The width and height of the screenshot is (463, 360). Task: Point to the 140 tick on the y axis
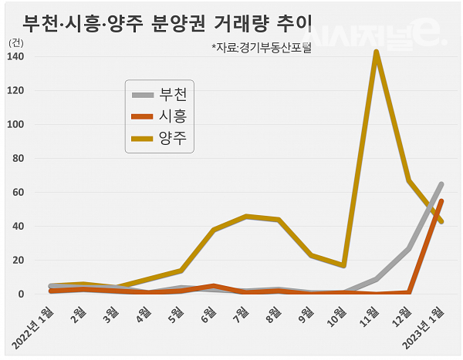point(15,57)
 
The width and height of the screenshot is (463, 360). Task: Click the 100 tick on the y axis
point(15,125)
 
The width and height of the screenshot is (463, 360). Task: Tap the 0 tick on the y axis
point(20,294)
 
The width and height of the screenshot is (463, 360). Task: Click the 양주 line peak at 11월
point(376,52)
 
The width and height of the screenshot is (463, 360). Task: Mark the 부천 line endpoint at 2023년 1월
point(441,184)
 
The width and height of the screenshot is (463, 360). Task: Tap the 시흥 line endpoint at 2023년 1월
point(441,201)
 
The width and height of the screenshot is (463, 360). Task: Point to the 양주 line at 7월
point(246,217)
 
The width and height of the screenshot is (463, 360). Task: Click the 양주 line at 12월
point(408,181)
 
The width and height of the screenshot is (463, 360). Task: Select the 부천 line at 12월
point(408,249)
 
